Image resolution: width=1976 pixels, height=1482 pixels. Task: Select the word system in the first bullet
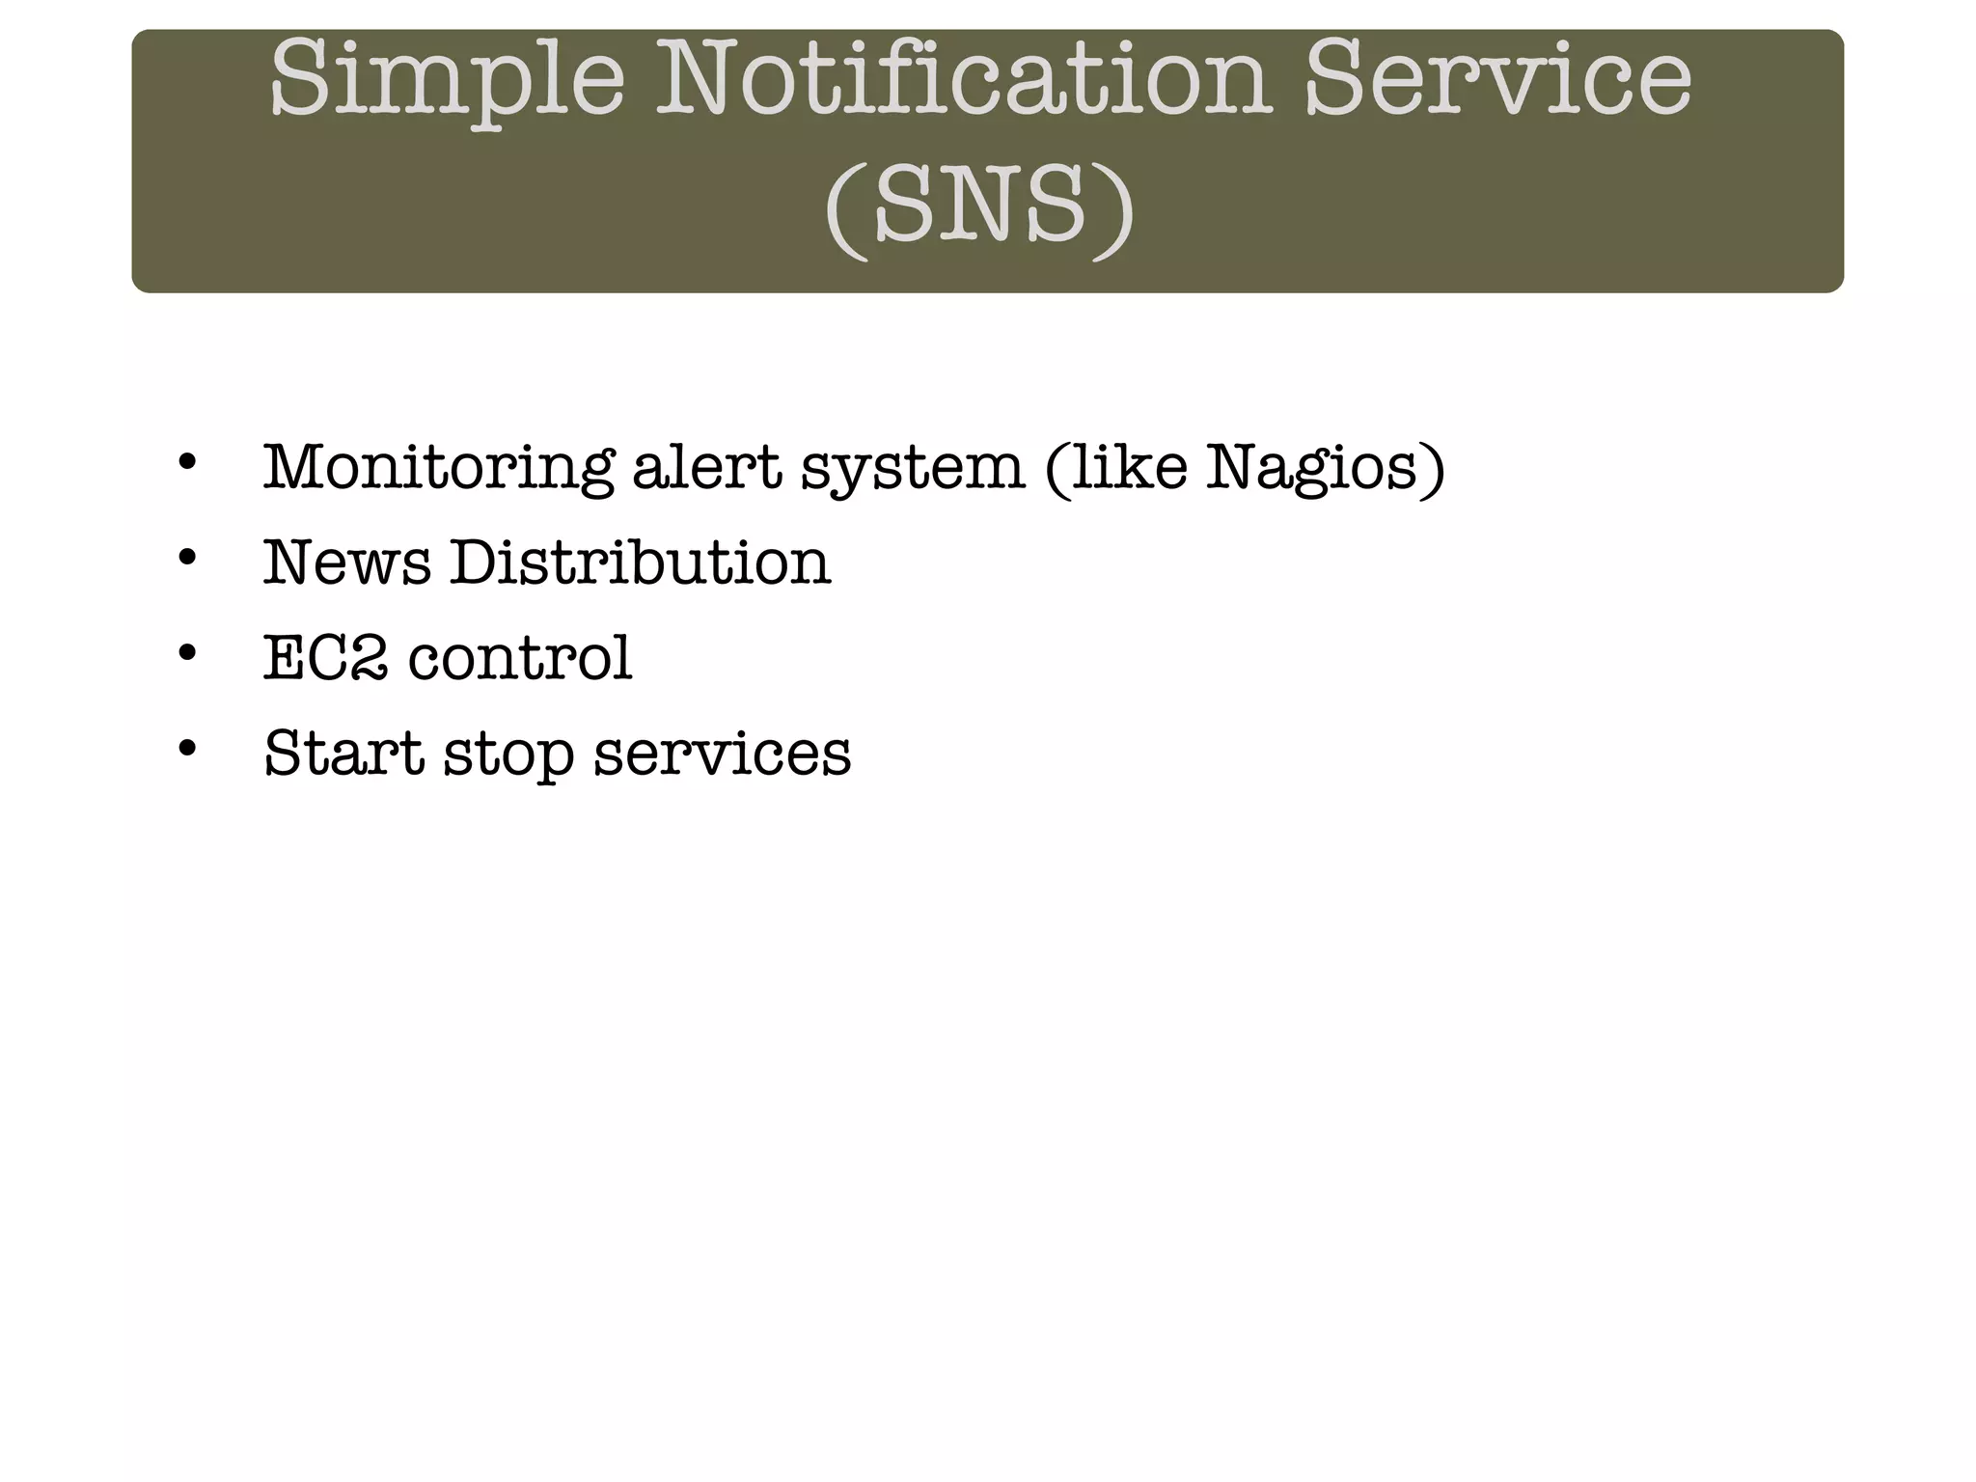[913, 470]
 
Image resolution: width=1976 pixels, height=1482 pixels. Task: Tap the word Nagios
[1325, 468]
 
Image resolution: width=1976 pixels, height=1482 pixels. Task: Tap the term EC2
[326, 658]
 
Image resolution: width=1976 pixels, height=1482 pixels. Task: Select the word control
[521, 658]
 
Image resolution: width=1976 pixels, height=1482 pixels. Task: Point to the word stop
[508, 755]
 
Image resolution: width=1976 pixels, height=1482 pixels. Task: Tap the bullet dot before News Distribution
[188, 557]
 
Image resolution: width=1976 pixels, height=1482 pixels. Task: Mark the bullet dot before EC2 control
[188, 652]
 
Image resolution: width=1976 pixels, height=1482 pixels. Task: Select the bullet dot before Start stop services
[188, 747]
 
